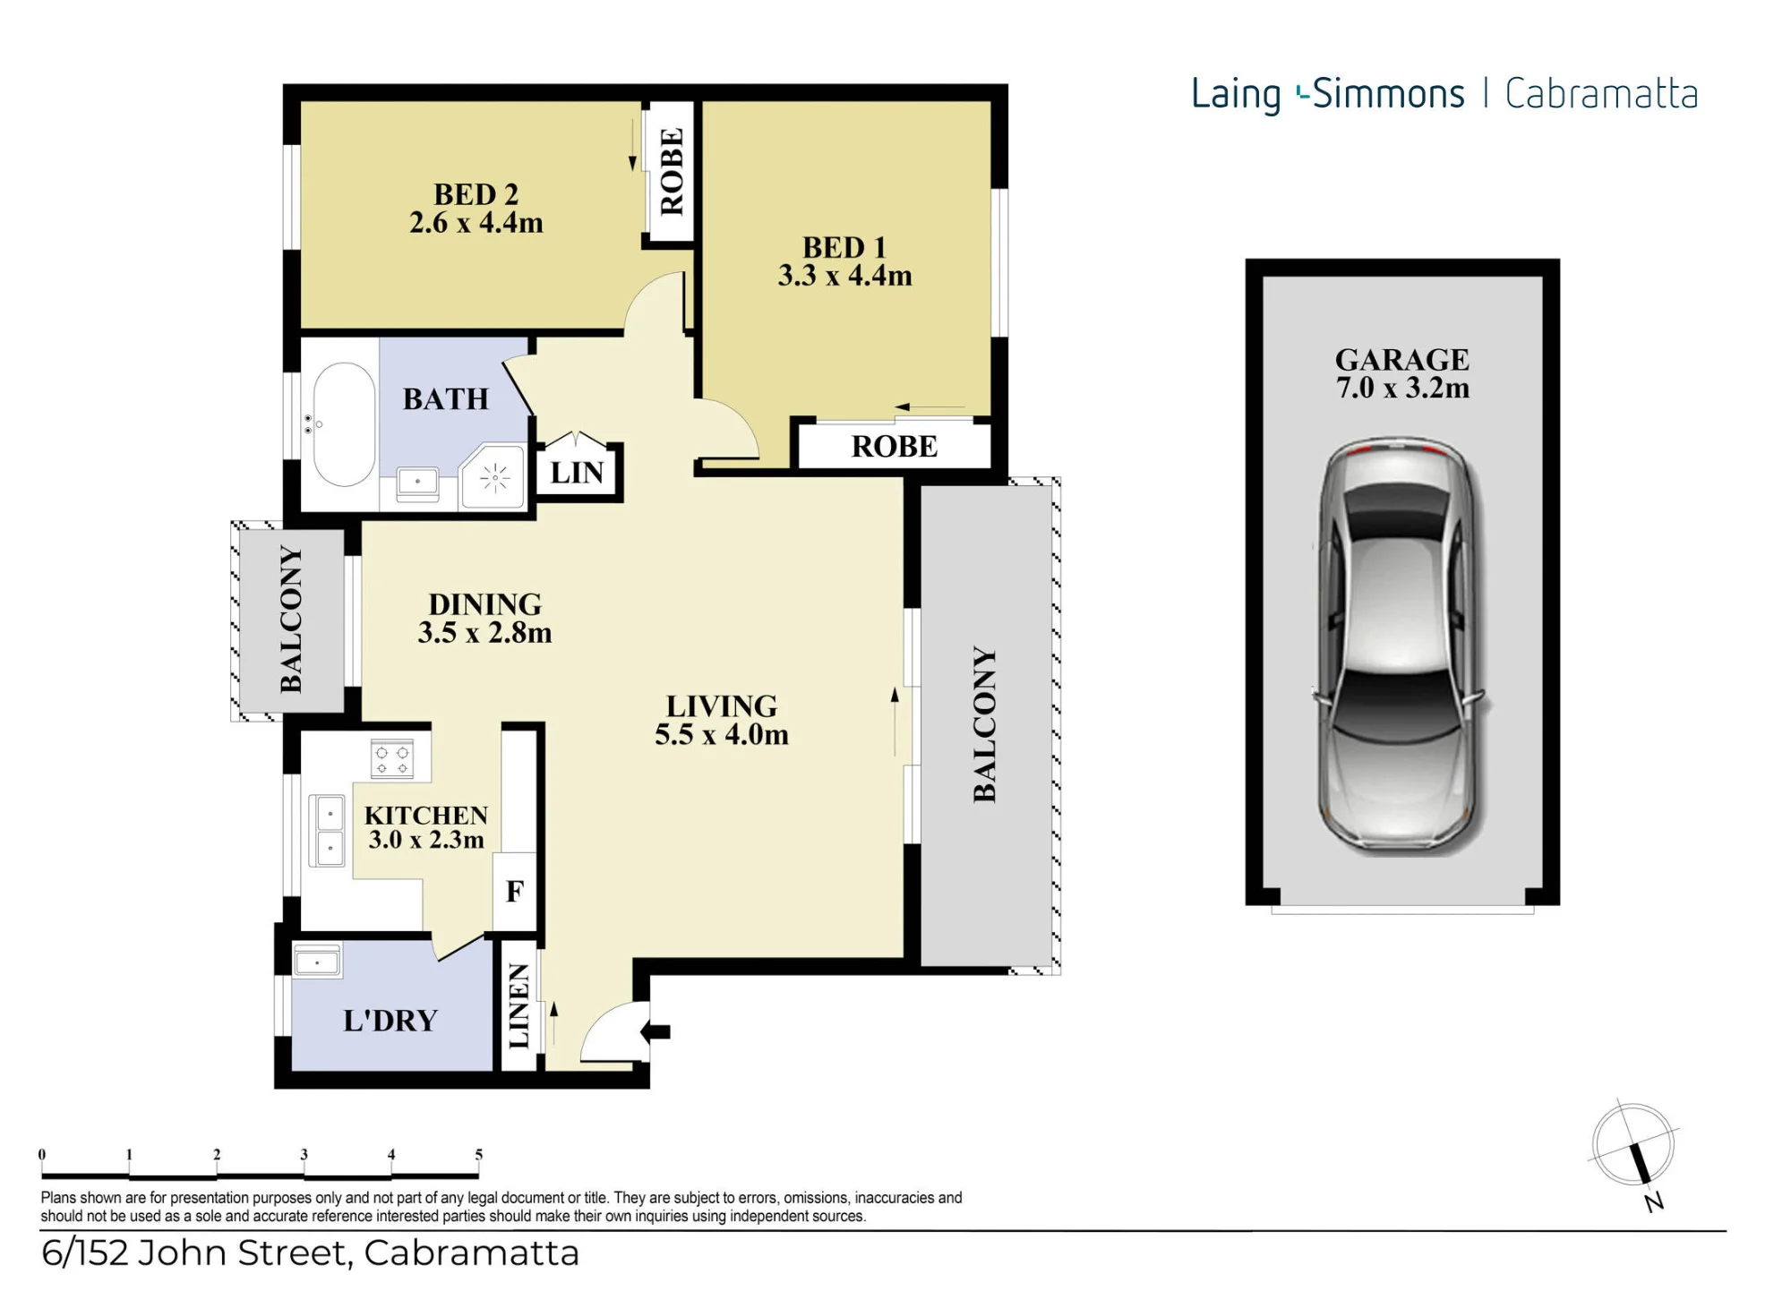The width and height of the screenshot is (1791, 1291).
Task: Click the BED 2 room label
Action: [x=476, y=194]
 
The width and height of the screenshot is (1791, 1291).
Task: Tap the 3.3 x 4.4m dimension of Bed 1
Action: [x=844, y=275]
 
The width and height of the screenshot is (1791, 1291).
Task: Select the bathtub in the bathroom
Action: [x=345, y=424]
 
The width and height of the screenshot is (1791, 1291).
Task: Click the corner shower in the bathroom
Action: [x=492, y=476]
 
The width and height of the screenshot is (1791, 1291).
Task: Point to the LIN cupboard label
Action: [x=577, y=473]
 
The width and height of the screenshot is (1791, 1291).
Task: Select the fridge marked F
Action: [x=515, y=892]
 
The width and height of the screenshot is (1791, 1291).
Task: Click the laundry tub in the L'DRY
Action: [x=317, y=962]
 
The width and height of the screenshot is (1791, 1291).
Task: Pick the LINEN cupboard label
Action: [x=518, y=1005]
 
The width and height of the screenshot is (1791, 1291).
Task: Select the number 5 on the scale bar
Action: [x=479, y=1155]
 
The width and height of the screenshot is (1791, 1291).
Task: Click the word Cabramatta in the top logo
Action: [x=1601, y=94]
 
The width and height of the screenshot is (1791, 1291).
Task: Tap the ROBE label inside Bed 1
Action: [x=895, y=446]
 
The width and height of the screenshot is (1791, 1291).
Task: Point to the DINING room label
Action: [x=484, y=604]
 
